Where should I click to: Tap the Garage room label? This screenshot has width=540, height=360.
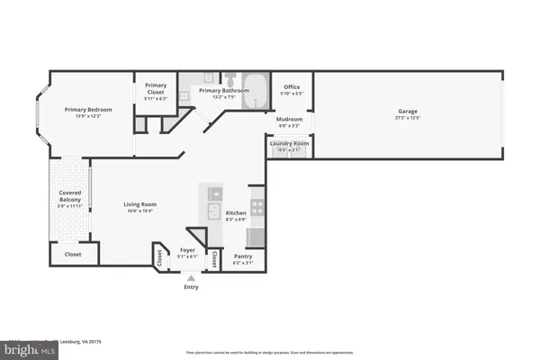pyautogui.click(x=408, y=112)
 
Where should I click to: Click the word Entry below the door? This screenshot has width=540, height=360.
pyautogui.click(x=191, y=287)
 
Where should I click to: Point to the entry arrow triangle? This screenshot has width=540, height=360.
pyautogui.click(x=191, y=278)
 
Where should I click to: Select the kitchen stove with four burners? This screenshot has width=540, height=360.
pyautogui.click(x=256, y=206)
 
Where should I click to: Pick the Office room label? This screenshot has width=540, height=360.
pyautogui.click(x=292, y=87)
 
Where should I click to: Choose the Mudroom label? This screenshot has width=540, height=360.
pyautogui.click(x=290, y=119)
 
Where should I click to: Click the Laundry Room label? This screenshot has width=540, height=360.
pyautogui.click(x=290, y=143)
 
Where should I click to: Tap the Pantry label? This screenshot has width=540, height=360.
pyautogui.click(x=243, y=256)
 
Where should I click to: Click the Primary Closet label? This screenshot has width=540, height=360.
pyautogui.click(x=156, y=87)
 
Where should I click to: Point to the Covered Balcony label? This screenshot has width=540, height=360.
pyautogui.click(x=71, y=195)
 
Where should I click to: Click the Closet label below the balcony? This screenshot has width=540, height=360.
pyautogui.click(x=72, y=255)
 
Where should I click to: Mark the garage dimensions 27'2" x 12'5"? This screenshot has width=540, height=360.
pyautogui.click(x=408, y=118)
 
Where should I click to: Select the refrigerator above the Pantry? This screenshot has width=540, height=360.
pyautogui.click(x=256, y=237)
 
